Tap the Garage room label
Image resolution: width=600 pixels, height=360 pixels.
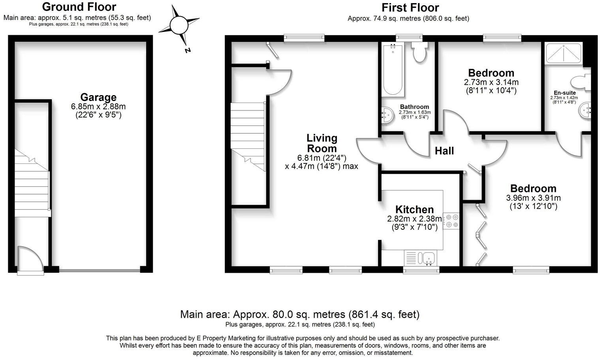tap(98, 97)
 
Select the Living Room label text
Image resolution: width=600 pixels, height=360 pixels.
tap(322, 143)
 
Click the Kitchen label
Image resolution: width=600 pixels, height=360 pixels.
tap(414, 210)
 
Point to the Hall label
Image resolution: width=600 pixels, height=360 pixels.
tap(444, 151)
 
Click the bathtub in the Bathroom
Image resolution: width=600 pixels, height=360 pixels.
tap(393, 70)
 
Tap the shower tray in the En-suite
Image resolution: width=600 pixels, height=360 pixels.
tap(563, 53)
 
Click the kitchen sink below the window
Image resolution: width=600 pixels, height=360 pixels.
tap(428, 258)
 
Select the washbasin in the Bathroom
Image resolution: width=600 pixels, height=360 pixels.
tap(386, 115)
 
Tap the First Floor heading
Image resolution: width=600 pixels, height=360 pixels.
tap(410, 7)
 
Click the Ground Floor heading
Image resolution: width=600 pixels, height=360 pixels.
tap(79, 7)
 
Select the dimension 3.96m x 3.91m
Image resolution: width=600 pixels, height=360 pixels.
tap(533, 198)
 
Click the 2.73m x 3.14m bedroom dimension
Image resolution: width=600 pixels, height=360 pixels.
tap(491, 82)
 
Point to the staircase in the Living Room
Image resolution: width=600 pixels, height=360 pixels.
tap(248, 136)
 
